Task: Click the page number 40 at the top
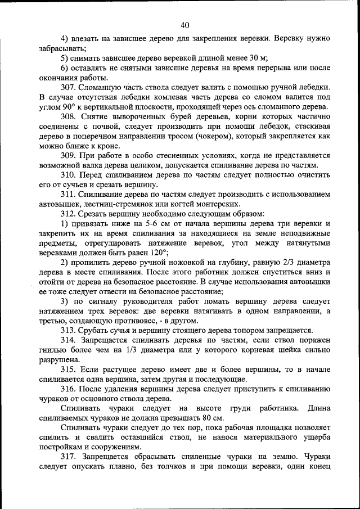pyautogui.click(x=185, y=24)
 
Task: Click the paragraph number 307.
pyautogui.click(x=69, y=87)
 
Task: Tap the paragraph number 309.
pyautogui.click(x=69, y=155)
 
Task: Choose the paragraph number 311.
pyautogui.click(x=69, y=194)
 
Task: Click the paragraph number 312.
pyautogui.click(x=69, y=214)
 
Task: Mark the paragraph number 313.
pyautogui.click(x=69, y=330)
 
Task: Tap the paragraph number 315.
pyautogui.click(x=69, y=369)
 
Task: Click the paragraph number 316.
pyautogui.click(x=69, y=389)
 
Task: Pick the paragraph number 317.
pyautogui.click(x=69, y=457)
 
